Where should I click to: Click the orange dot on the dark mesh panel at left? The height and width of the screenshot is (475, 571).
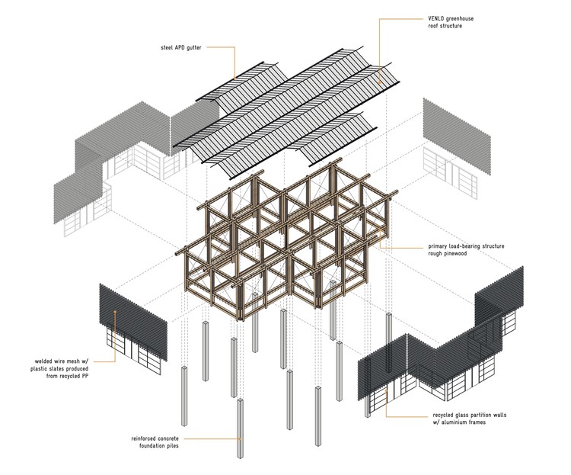(x=115, y=312)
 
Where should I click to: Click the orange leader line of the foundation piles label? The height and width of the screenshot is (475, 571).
(x=217, y=439)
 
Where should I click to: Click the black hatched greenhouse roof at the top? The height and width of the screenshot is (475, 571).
(x=289, y=107)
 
